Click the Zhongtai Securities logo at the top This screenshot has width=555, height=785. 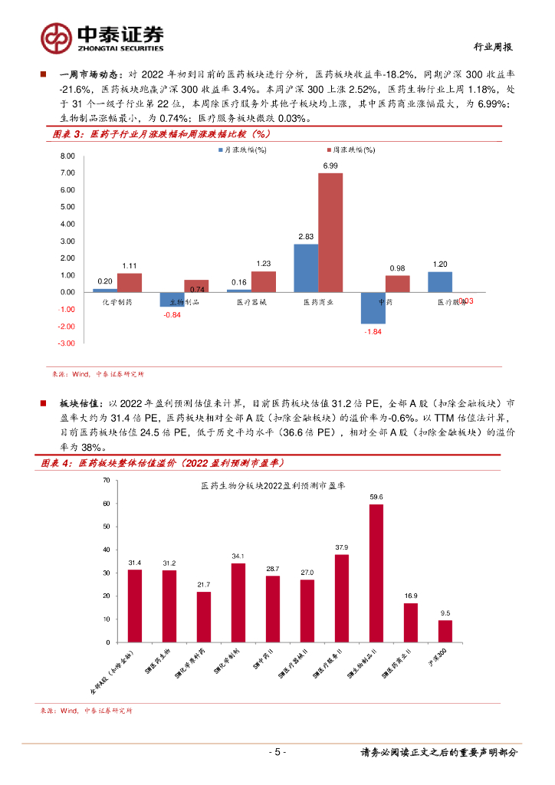click(101, 35)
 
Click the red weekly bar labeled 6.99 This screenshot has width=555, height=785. click(330, 232)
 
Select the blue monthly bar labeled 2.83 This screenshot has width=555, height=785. click(306, 268)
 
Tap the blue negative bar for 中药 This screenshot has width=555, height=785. click(373, 307)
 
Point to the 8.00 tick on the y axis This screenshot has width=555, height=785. click(67, 156)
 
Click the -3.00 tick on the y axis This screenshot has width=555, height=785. click(67, 343)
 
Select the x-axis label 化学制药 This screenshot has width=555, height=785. click(117, 303)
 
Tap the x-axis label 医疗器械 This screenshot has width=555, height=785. click(251, 303)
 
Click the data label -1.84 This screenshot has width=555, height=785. click(373, 331)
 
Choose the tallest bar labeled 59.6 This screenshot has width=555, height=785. click(376, 573)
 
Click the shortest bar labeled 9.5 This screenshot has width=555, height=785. click(445, 631)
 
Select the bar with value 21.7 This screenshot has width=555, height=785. click(203, 616)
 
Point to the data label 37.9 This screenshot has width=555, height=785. click(342, 547)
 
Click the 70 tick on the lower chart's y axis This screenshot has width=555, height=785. click(107, 480)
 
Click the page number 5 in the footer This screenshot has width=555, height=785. click(280, 752)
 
